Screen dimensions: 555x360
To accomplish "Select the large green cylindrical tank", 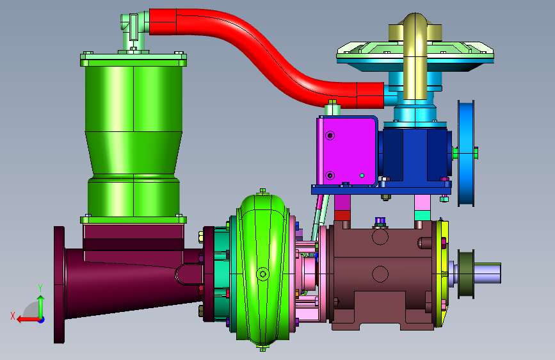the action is (x=133, y=138).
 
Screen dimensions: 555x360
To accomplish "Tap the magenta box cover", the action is (x=347, y=151).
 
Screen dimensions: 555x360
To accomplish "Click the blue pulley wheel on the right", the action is (x=466, y=153).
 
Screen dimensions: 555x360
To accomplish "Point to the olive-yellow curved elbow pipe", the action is (x=415, y=53).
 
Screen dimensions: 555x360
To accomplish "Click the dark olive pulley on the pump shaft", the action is (x=466, y=274).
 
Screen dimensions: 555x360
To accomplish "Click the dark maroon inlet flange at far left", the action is (x=59, y=285).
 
